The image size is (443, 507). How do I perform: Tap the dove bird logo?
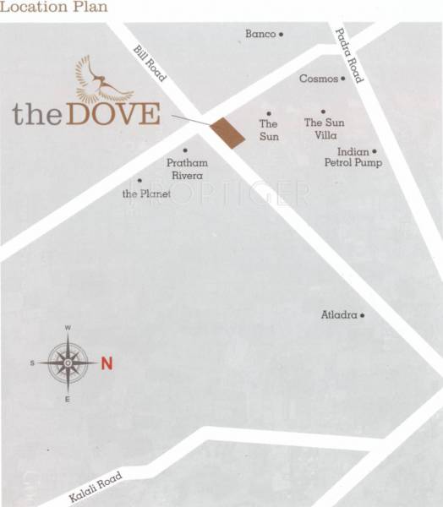[102, 79]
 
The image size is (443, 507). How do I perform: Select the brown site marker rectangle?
[227, 132]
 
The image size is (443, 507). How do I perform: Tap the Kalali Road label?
[97, 487]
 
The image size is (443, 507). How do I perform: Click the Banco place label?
[260, 34]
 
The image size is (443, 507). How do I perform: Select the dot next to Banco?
[281, 34]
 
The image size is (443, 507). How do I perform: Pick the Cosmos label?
[318, 79]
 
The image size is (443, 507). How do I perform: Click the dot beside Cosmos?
[343, 79]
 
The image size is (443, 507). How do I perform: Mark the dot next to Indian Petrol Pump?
[375, 151]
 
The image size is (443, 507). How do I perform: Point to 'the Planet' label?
[147, 194]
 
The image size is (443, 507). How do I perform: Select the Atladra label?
[339, 315]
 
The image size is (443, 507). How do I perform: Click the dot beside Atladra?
[362, 315]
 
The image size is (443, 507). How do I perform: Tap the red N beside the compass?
[107, 364]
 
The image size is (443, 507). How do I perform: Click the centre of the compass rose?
[68, 363]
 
